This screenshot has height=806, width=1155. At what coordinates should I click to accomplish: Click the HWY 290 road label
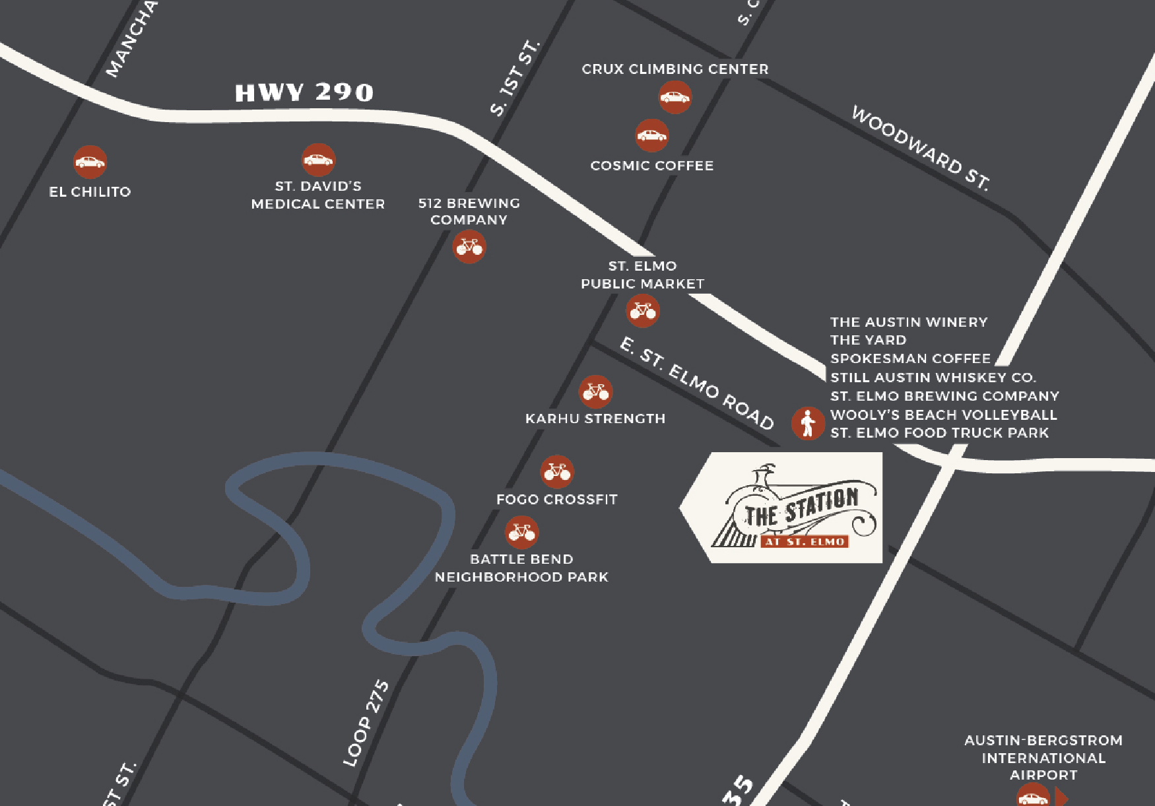tap(304, 92)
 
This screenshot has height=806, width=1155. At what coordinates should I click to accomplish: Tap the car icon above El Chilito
tap(90, 162)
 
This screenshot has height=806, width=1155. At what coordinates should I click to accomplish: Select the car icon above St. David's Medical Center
tap(318, 160)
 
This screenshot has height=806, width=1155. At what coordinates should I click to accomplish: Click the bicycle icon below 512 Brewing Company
tap(469, 247)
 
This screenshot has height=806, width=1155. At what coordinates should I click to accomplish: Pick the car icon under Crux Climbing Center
tap(675, 98)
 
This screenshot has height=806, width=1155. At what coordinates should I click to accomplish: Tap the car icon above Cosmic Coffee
tap(651, 135)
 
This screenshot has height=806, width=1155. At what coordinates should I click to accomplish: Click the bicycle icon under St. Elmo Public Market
tap(642, 311)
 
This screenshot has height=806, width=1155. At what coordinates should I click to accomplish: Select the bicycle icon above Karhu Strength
tap(595, 391)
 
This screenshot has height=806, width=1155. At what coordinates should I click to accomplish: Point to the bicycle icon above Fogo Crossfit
tap(557, 472)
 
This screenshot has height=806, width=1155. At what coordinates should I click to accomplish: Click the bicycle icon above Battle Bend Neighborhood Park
tap(521, 532)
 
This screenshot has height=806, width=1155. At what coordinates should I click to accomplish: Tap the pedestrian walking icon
tap(808, 423)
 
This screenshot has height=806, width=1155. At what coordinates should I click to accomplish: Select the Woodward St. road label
tap(921, 148)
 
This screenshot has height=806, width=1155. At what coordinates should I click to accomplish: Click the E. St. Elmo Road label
tap(696, 383)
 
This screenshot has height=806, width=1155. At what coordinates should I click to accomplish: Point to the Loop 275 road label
tap(366, 723)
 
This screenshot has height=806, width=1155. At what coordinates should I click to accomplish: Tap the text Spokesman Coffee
tap(910, 358)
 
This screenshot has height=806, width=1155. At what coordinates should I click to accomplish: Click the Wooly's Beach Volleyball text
tap(943, 415)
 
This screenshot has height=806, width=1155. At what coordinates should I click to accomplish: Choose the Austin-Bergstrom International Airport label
tap(1043, 757)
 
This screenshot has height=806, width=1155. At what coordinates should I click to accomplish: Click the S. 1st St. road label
tap(515, 78)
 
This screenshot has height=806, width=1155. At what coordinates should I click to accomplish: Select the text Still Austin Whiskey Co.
tap(933, 378)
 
